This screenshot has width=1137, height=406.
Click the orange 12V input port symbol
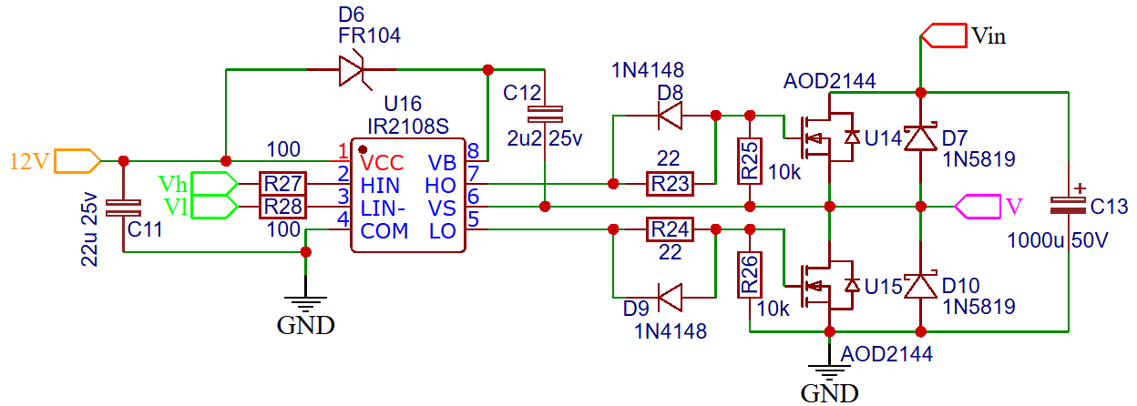click(77, 161)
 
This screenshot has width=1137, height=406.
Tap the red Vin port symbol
click(943, 36)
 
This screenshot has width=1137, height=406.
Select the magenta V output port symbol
click(978, 207)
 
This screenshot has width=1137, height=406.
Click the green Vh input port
click(214, 184)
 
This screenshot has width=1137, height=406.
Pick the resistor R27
click(282, 184)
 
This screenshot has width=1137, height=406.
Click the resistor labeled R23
click(670, 184)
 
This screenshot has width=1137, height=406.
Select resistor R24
click(670, 229)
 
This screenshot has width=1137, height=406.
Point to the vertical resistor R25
click(750, 161)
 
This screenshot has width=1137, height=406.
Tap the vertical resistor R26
click(750, 275)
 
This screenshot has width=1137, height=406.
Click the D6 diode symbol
click(353, 69)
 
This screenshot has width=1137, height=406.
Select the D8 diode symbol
click(670, 116)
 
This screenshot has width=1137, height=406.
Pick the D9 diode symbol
click(670, 298)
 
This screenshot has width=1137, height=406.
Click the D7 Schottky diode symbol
click(921, 137)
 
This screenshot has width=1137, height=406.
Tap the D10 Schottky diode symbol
click(921, 286)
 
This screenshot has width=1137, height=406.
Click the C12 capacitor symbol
click(545, 115)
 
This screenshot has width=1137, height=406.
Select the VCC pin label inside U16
click(382, 163)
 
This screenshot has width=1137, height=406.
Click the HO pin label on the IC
click(440, 186)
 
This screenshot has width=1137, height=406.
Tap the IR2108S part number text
click(408, 127)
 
